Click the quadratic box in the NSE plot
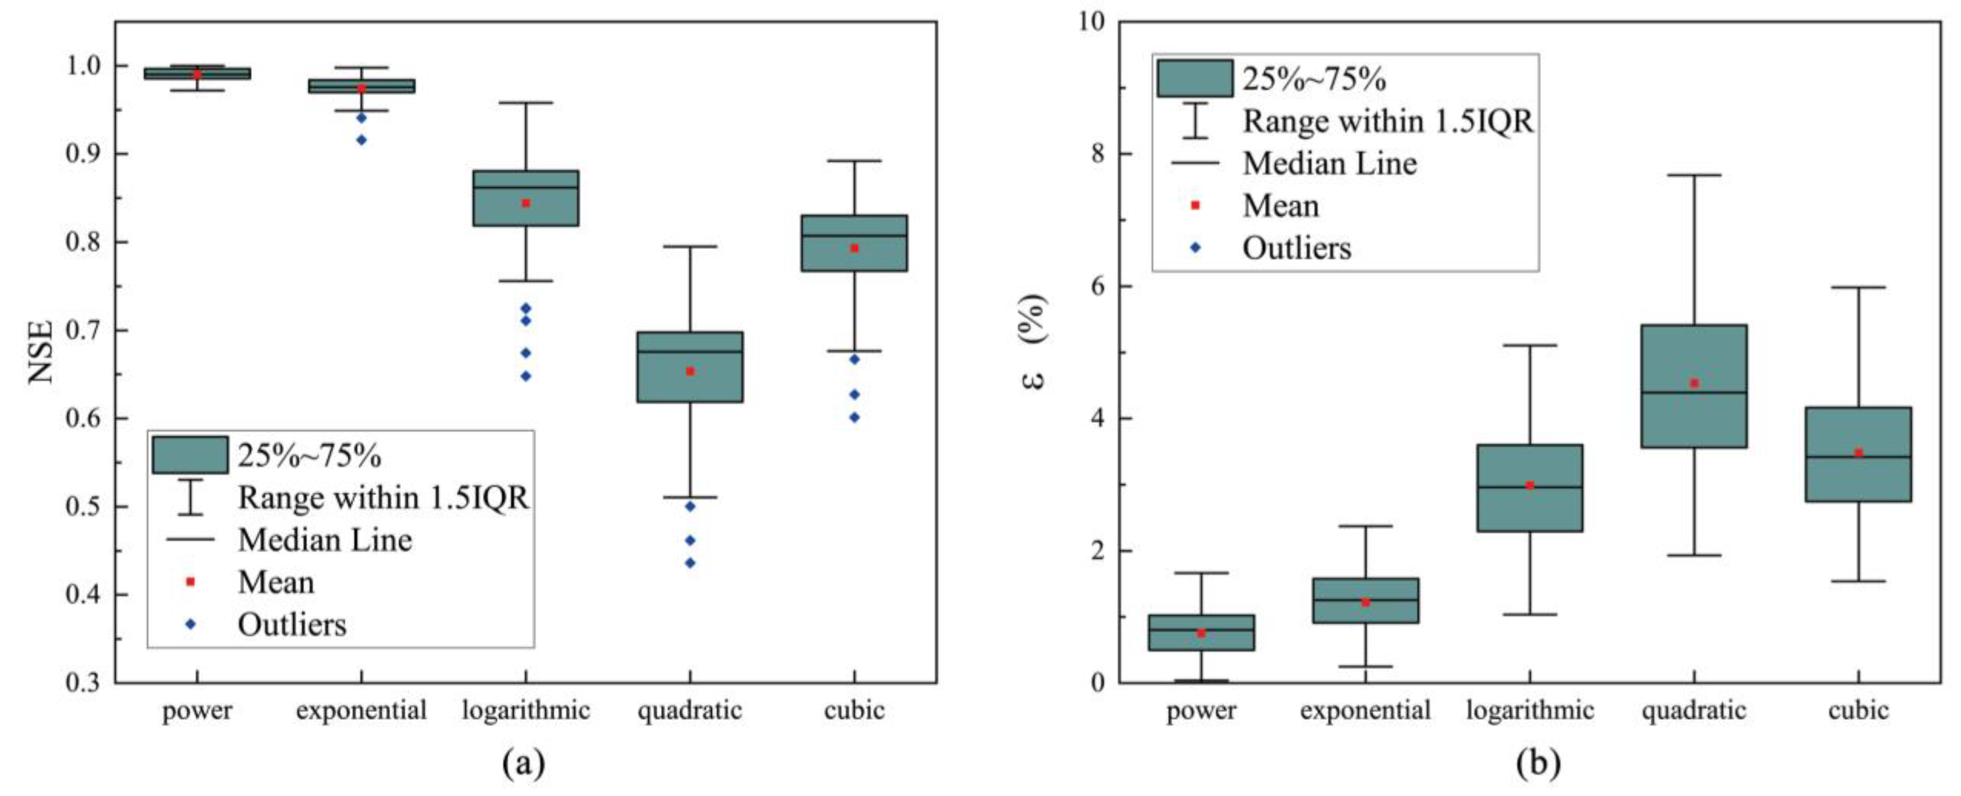click(690, 367)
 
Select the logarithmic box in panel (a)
click(525, 198)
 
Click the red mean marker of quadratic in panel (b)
click(1695, 383)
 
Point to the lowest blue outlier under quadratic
click(690, 563)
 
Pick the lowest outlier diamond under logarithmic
click(525, 376)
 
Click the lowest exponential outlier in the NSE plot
click(361, 140)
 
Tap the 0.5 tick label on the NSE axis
click(84, 507)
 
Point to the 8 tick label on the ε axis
click(1097, 154)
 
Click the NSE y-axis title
click(40, 352)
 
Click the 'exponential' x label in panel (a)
click(361, 711)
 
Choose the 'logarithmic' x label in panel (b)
click(1530, 711)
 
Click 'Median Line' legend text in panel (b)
click(1330, 164)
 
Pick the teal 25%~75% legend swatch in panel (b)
click(1195, 78)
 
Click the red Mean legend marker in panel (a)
click(190, 582)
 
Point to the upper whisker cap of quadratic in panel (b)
click(1695, 175)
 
